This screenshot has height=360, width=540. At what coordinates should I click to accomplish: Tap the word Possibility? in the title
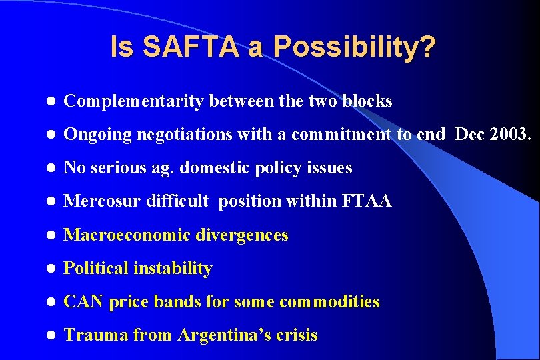pos(355,47)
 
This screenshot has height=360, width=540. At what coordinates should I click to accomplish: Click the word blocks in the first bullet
pos(367,101)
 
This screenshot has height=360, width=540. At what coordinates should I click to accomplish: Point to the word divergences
pos(243,235)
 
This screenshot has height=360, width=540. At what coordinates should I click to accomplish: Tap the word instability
pos(173,268)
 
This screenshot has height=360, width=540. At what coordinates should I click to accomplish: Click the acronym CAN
pos(83,301)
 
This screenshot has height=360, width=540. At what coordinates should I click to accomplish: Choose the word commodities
pos(329,301)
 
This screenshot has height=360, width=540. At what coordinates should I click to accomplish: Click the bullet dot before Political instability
pos(50,269)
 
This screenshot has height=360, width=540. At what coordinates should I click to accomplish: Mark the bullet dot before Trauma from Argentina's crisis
pos(50,335)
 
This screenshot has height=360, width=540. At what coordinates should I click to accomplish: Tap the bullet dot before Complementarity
pos(50,102)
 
